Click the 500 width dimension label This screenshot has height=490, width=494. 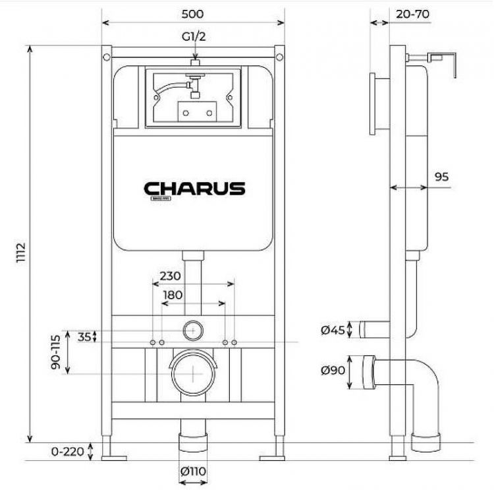pyautogui.click(x=194, y=13)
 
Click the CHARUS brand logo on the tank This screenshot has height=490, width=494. pyautogui.click(x=194, y=189)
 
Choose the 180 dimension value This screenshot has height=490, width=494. pyautogui.click(x=173, y=295)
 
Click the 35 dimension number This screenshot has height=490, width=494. pyautogui.click(x=84, y=336)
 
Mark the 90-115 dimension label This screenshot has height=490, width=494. pyautogui.click(x=57, y=353)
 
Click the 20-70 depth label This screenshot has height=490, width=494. pyautogui.click(x=412, y=13)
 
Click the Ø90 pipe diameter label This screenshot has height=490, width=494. pyautogui.click(x=333, y=371)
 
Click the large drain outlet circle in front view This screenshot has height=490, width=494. pyautogui.click(x=194, y=371)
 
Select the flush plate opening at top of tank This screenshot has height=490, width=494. pyautogui.click(x=194, y=98)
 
